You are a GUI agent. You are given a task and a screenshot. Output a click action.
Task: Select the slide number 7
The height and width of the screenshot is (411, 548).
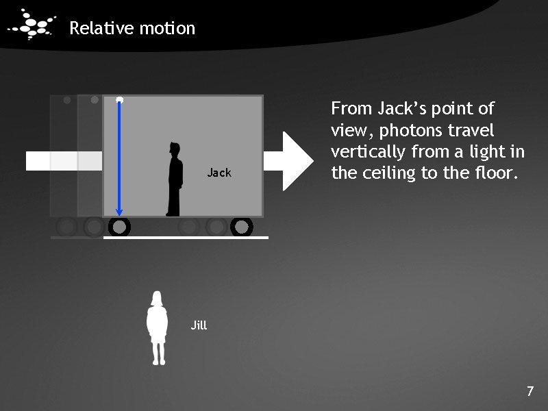pyautogui.click(x=530, y=392)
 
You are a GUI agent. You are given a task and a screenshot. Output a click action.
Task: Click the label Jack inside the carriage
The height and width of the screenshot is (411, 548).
pyautogui.click(x=219, y=173)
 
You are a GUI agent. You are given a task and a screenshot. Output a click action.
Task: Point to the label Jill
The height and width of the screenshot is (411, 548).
pyautogui.click(x=199, y=325)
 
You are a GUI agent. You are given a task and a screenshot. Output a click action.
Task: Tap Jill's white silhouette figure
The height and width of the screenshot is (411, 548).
pyautogui.click(x=158, y=327)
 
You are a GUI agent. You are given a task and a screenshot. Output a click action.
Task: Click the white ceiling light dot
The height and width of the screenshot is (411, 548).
pyautogui.click(x=120, y=100)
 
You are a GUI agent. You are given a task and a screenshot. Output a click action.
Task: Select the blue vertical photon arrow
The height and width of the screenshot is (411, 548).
pyautogui.click(x=119, y=158)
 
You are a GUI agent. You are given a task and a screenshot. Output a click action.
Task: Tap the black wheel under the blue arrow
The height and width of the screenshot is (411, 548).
pyautogui.click(x=119, y=226)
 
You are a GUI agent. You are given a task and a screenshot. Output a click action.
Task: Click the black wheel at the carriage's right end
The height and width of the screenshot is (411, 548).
pyautogui.click(x=242, y=226)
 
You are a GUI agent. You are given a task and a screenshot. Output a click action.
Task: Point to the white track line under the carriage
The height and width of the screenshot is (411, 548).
pyautogui.click(x=185, y=237)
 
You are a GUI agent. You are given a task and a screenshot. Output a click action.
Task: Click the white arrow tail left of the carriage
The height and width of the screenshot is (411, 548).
pyautogui.click(x=63, y=161)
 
